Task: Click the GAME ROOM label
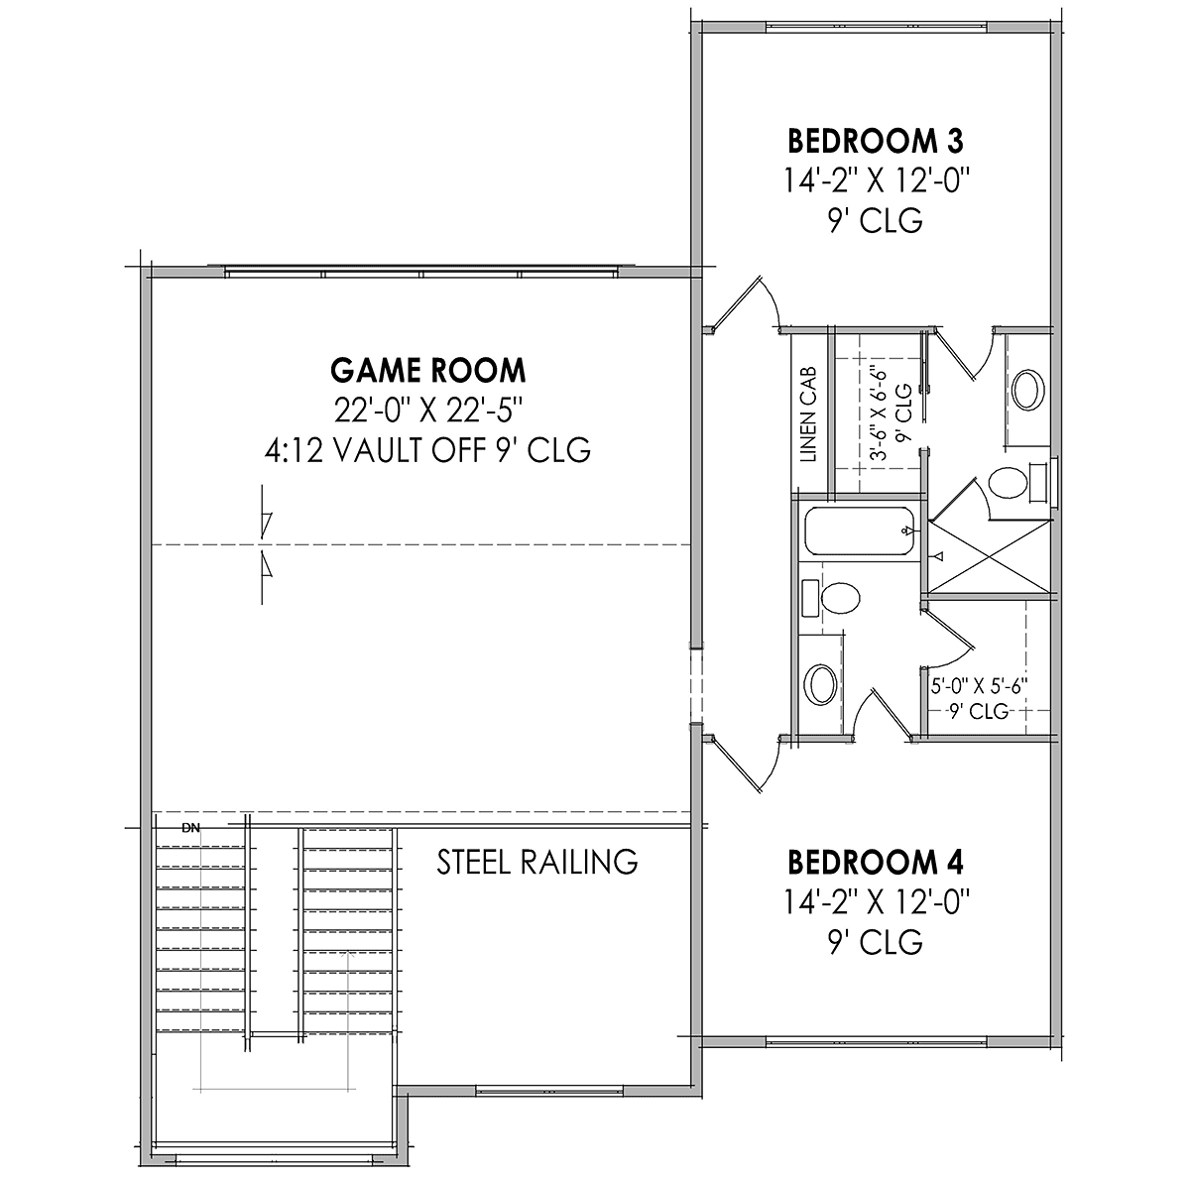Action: (428, 371)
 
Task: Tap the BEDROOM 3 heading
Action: (876, 142)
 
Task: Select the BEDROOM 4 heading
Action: (876, 863)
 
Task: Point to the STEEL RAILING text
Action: (537, 863)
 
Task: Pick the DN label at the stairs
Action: (191, 828)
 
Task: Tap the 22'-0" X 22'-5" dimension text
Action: (428, 410)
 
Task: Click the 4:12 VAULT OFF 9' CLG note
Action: (428, 450)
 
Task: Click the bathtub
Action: (860, 531)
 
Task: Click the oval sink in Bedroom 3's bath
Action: (1028, 390)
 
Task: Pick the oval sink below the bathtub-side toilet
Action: (822, 684)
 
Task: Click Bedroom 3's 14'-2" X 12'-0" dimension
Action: (876, 181)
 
